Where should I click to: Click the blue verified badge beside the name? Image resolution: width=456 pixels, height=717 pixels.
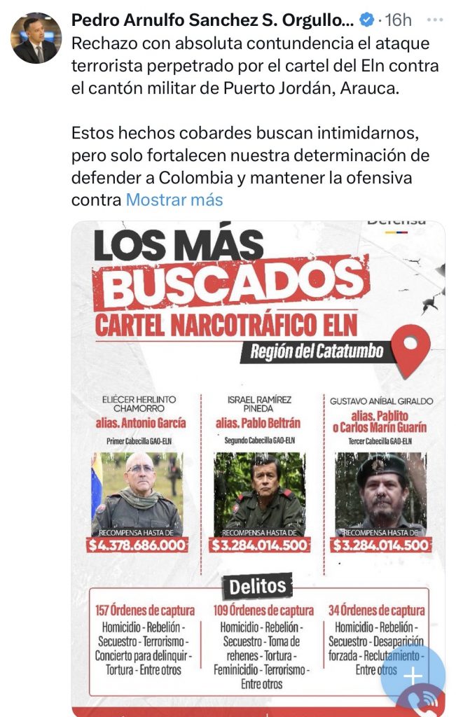tap(367, 19)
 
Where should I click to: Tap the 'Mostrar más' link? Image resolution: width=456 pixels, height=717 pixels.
tap(174, 200)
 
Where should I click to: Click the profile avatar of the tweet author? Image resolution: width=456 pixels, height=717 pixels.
tap(36, 38)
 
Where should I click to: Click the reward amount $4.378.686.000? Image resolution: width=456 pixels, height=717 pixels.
tap(137, 545)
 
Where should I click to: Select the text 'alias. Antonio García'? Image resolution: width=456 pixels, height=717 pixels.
tap(141, 423)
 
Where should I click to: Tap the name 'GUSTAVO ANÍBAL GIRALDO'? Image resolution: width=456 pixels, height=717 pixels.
tap(381, 401)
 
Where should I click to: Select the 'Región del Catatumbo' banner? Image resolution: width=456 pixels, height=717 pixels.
tap(317, 350)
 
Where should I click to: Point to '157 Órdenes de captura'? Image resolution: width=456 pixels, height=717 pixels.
tap(144, 610)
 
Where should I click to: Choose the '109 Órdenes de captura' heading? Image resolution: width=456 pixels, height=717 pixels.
tap(263, 610)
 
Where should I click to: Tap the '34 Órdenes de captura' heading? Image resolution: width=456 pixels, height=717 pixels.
tap(377, 610)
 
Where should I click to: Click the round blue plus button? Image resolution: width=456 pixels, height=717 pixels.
tap(413, 675)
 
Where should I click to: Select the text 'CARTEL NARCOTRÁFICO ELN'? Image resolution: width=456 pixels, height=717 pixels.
tap(226, 323)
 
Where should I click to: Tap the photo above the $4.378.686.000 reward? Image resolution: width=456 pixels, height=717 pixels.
tap(137, 493)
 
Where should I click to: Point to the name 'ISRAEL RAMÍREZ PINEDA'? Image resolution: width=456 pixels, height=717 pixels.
tap(259, 405)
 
